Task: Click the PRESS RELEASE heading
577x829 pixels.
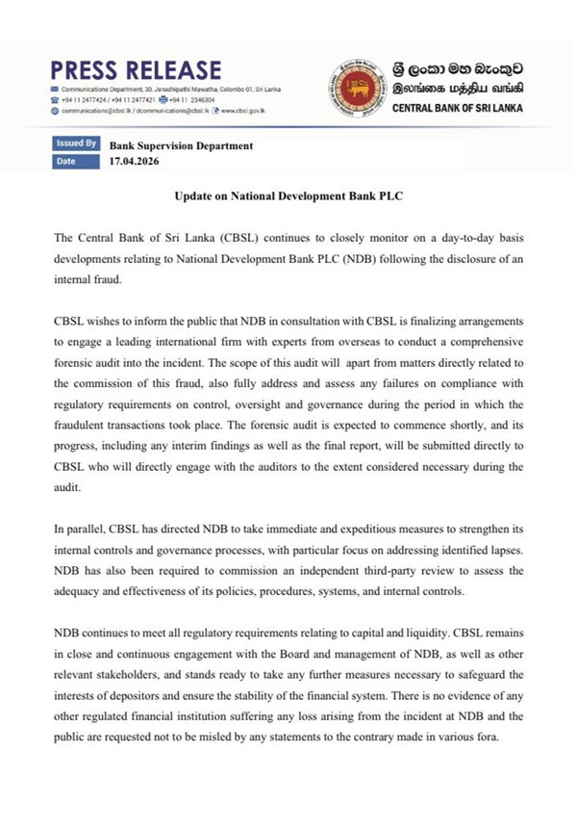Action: (136, 70)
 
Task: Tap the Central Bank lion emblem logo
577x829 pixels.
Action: (357, 88)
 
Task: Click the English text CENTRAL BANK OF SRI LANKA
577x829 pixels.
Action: (458, 108)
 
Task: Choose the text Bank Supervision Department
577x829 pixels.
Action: (182, 146)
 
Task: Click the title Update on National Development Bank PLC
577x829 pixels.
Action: (288, 195)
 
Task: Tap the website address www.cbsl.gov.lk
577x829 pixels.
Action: (242, 111)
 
